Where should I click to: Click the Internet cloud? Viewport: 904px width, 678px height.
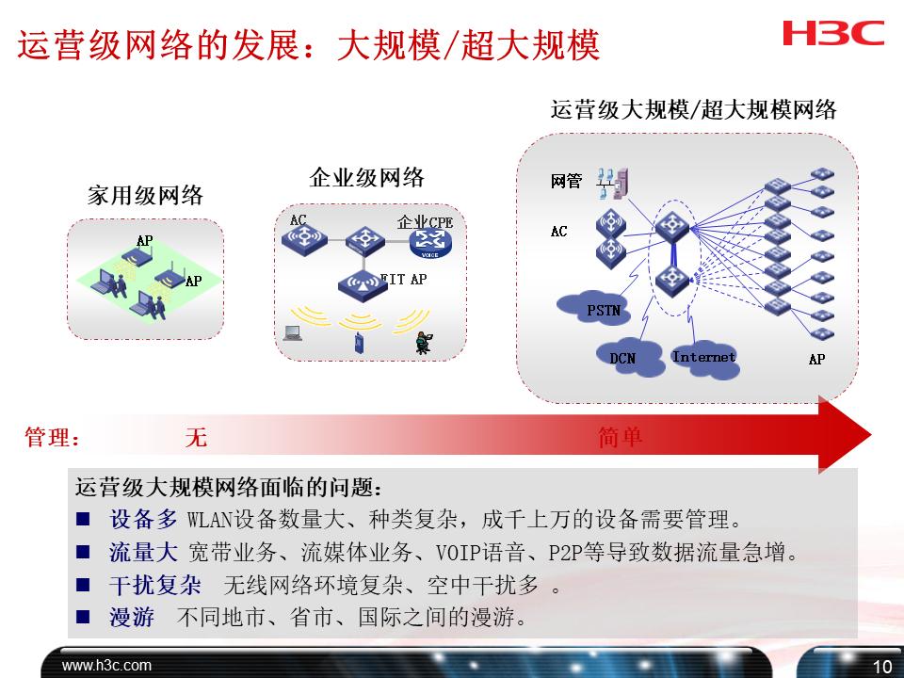(x=705, y=359)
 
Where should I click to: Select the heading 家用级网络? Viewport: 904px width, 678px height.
(x=145, y=196)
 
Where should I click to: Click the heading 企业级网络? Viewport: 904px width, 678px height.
(x=366, y=178)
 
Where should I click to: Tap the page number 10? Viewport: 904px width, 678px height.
(x=881, y=667)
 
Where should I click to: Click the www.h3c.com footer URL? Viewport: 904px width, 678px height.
(x=106, y=666)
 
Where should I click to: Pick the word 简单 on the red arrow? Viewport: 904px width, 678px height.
(x=620, y=438)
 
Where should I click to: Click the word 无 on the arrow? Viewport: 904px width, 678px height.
(x=195, y=438)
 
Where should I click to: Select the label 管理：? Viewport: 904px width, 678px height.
(x=52, y=438)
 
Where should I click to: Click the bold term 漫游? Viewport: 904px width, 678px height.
(x=132, y=619)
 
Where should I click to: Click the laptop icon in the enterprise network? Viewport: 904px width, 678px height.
(x=293, y=331)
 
